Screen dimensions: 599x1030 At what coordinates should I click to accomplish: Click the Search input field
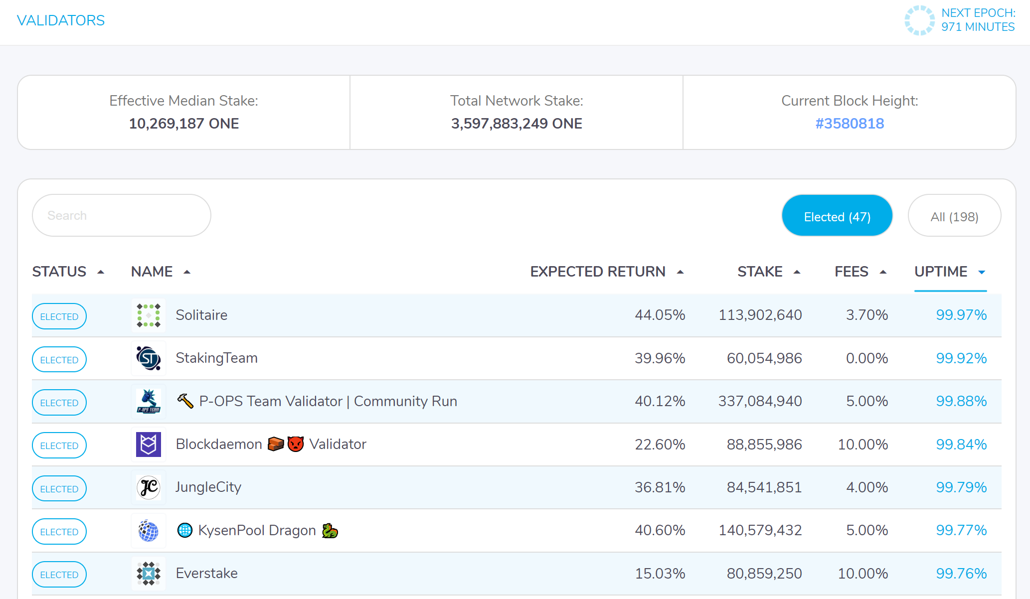[x=121, y=215]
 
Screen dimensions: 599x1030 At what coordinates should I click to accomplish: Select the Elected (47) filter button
[x=837, y=216]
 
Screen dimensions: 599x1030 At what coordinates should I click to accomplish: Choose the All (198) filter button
[x=954, y=216]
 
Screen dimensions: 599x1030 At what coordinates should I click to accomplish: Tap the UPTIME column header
[x=941, y=272]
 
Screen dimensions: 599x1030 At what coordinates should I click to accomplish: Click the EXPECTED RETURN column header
[x=598, y=272]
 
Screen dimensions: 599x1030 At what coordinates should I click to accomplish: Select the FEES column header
[x=852, y=272]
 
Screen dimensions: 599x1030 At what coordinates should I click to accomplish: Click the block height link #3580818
[x=850, y=124]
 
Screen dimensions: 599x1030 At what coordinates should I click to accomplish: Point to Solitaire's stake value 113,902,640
[x=760, y=315]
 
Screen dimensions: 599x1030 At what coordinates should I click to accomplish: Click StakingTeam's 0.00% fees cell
[x=866, y=358]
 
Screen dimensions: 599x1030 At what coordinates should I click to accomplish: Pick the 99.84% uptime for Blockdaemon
[x=961, y=445]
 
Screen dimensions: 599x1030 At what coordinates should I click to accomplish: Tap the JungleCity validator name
[x=208, y=487]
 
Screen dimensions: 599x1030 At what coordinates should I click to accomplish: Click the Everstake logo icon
[x=149, y=574]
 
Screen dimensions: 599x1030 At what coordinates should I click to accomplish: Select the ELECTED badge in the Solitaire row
[x=59, y=316]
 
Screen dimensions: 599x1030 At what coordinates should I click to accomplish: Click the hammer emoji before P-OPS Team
[x=185, y=401]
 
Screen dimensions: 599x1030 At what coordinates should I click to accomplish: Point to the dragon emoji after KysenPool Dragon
[x=330, y=531]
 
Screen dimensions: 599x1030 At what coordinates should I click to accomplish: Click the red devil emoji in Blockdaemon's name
[x=296, y=444]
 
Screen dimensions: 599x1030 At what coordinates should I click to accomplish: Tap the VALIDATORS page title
[x=61, y=20]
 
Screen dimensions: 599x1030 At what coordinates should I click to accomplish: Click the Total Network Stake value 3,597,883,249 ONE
[x=516, y=124]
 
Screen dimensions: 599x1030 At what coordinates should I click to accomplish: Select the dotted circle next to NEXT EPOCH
[x=919, y=20]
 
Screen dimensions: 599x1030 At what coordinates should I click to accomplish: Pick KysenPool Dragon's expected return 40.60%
[x=660, y=530]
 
